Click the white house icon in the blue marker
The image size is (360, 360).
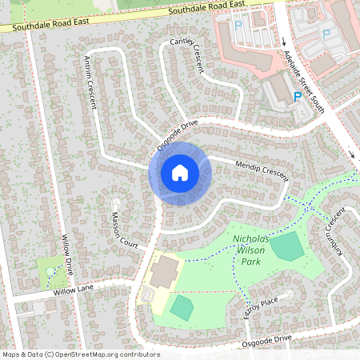179,172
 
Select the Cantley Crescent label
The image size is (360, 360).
189,54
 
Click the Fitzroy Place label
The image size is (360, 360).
260,308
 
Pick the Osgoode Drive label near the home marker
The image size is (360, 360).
177,136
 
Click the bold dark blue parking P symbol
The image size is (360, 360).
298,97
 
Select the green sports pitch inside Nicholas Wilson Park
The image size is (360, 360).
287,247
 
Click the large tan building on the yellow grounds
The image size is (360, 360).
163,273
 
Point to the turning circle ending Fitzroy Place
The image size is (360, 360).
286,293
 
